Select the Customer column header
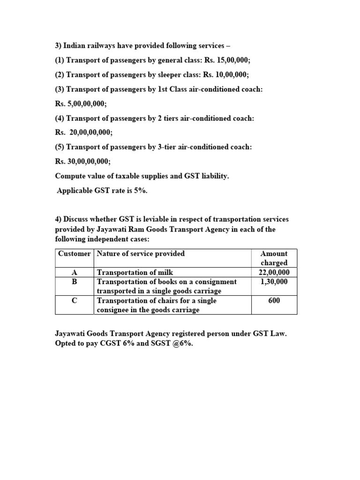pos(74,254)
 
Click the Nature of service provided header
pos(140,254)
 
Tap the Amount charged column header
pos(274,258)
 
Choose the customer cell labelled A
pos(74,272)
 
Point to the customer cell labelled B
pos(74,282)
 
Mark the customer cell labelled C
pos(74,300)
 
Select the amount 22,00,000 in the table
pos(274,272)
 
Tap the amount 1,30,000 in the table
pos(274,282)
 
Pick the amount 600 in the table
pos(274,300)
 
